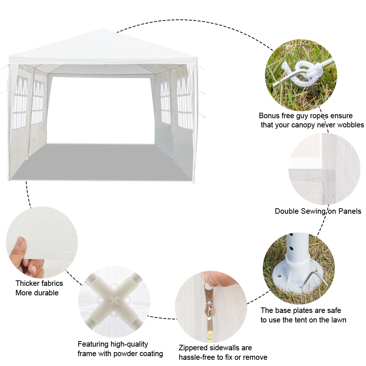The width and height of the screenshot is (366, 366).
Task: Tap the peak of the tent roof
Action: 102,29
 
